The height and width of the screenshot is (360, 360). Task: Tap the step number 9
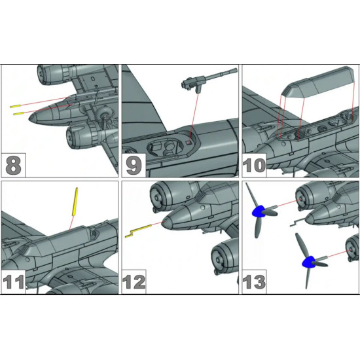(134, 164)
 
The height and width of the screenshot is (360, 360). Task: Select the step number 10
(257, 164)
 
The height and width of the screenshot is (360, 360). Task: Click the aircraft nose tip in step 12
(166, 222)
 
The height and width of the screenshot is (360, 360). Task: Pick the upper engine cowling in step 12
(168, 194)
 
